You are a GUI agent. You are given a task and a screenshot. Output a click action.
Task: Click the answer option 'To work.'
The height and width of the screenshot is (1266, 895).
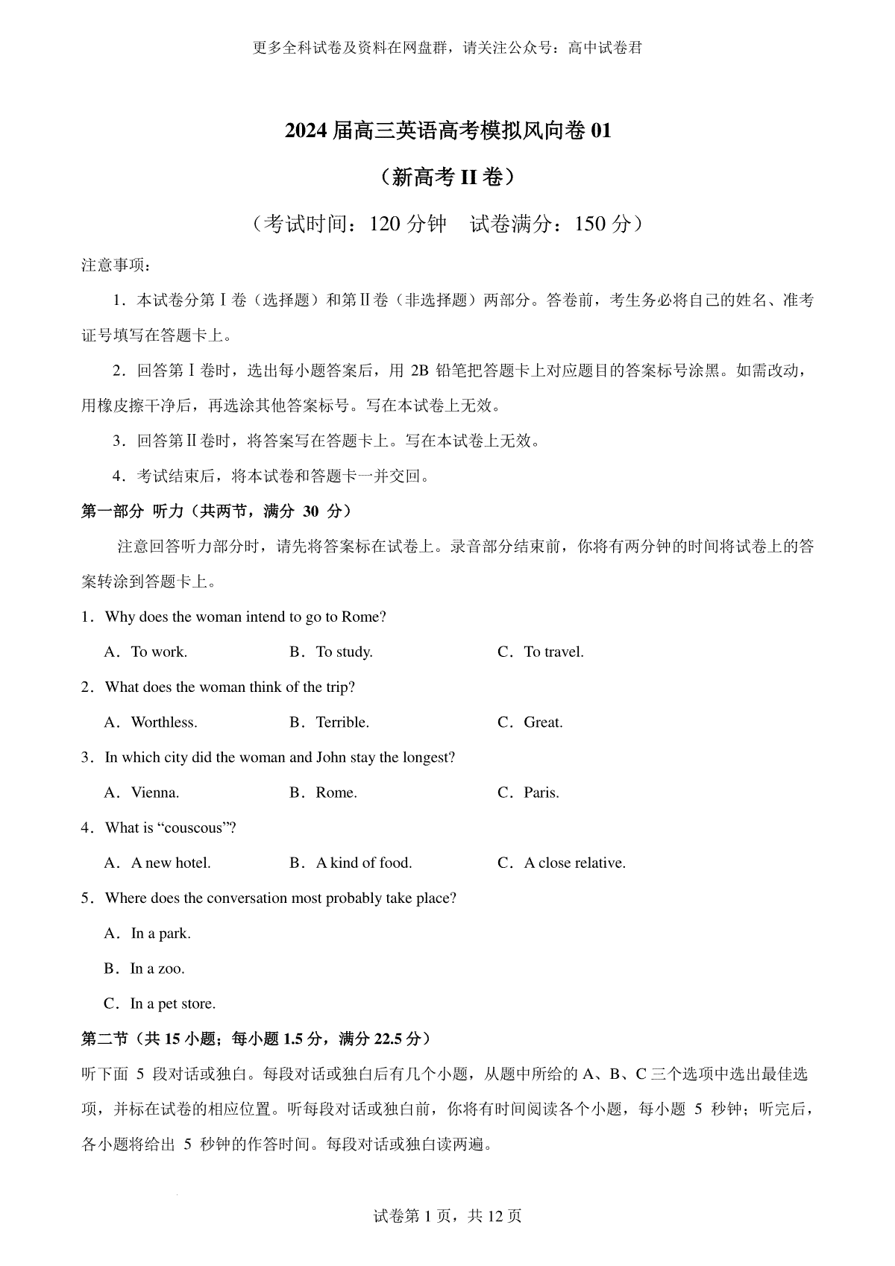coord(159,652)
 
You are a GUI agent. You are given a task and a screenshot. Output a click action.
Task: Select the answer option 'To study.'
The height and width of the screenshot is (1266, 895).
coord(344,652)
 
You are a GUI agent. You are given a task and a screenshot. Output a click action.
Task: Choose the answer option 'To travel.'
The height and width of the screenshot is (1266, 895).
coord(553,652)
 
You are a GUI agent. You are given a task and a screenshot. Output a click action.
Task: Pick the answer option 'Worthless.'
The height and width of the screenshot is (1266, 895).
coord(164,722)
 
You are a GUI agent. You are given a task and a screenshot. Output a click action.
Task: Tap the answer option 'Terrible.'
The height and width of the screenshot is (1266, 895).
coord(342,722)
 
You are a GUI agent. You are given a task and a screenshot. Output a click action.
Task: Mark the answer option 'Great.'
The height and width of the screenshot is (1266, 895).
coord(543,722)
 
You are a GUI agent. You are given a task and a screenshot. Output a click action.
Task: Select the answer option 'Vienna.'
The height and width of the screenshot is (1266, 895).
coord(155,793)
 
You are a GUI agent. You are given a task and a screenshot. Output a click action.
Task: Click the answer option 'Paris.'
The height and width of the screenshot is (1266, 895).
coord(541,793)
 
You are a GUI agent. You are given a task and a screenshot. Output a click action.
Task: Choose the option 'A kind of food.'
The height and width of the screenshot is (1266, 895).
coord(364,863)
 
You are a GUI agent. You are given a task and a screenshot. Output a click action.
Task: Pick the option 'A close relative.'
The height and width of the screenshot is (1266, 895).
coord(574,863)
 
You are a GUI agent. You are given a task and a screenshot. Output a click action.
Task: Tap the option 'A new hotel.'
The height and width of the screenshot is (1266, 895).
coord(171,863)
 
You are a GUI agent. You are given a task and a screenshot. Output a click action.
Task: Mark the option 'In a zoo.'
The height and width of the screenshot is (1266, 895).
coord(157,969)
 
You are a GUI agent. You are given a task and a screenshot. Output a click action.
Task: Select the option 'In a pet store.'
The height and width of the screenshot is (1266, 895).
coord(173,1004)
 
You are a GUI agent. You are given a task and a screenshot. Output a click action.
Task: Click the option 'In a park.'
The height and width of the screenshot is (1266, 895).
coord(161,933)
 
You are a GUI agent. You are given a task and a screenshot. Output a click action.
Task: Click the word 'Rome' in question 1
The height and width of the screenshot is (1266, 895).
coord(360,617)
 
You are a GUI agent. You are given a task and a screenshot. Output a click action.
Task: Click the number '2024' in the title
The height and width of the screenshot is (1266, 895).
coord(306,131)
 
